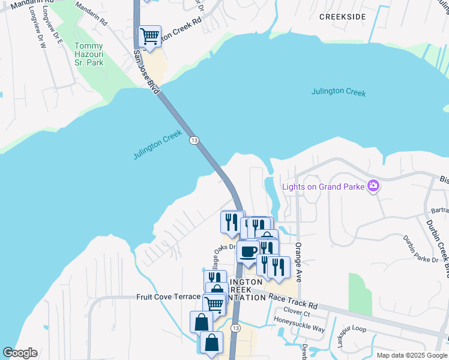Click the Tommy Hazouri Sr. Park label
coord(88,55)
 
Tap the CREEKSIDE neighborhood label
coord(342,17)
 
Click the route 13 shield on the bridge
coord(194,140)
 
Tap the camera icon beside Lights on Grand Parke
coord(373,185)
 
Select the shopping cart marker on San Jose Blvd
coord(149,36)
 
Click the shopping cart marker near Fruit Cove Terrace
coord(214,303)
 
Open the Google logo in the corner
coord(20,353)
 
